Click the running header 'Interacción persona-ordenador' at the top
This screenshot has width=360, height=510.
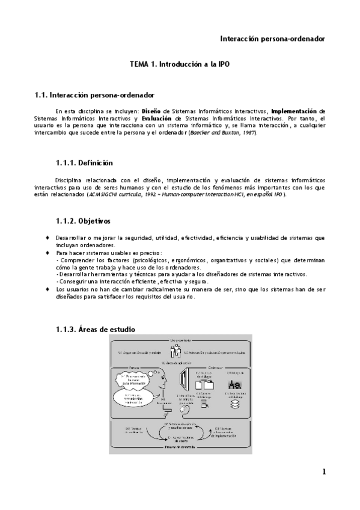pyautogui.click(x=272, y=38)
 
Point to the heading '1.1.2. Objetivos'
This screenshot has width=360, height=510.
pyautogui.click(x=82, y=221)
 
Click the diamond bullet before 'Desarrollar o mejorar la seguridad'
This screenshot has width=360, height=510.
pyautogui.click(x=47, y=238)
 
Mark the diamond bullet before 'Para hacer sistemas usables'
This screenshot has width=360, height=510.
pyautogui.click(x=47, y=253)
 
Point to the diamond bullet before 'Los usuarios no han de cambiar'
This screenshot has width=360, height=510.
pyautogui.click(x=47, y=289)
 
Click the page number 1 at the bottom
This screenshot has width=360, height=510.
pyautogui.click(x=323, y=471)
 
